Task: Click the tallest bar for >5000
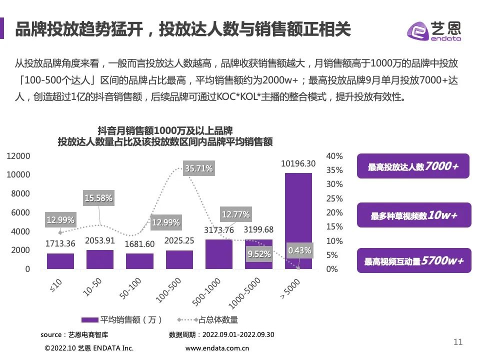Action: pyautogui.click(x=298, y=221)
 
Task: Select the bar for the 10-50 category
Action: pyautogui.click(x=100, y=259)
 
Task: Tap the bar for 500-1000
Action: pyautogui.click(x=219, y=254)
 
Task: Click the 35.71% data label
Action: pyautogui.click(x=198, y=168)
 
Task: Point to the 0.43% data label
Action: pyautogui.click(x=299, y=250)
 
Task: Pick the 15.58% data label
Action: pyautogui.click(x=98, y=198)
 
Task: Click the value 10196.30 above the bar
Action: pyautogui.click(x=298, y=164)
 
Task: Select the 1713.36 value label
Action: pyautogui.click(x=60, y=243)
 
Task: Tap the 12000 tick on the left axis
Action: pyautogui.click(x=18, y=156)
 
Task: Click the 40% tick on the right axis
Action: pyautogui.click(x=334, y=156)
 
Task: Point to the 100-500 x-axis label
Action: pyautogui.click(x=168, y=290)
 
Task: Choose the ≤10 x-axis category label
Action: pyautogui.click(x=56, y=285)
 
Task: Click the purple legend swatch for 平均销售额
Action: pyautogui.click(x=89, y=320)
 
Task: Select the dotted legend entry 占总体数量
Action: pyautogui.click(x=207, y=320)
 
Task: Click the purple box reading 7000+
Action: pyautogui.click(x=413, y=166)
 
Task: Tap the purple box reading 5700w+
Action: pyautogui.click(x=414, y=260)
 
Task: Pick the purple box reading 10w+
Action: pyautogui.click(x=414, y=215)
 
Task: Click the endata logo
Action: pyautogui.click(x=434, y=31)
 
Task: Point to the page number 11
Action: pyautogui.click(x=458, y=342)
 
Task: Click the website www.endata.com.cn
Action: pyautogui.click(x=217, y=348)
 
